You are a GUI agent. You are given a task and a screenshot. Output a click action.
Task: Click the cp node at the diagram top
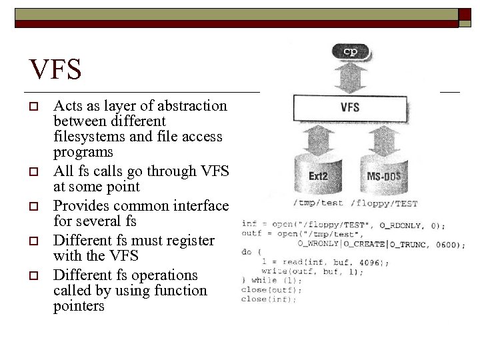350,51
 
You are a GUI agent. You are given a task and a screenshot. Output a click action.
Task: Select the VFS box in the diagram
350,107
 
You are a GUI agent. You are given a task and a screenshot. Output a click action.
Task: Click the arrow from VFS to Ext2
319,140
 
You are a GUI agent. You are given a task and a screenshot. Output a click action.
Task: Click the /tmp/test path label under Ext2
318,203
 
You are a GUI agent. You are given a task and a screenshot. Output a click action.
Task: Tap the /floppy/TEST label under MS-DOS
384,203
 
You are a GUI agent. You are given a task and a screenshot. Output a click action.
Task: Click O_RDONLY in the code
389,225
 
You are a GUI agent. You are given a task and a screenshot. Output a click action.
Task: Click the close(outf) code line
272,289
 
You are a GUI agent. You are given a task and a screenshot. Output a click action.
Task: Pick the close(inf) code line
270,299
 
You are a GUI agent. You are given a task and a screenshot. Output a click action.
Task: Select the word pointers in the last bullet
79,307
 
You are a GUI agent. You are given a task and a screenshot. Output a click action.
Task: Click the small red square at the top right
465,15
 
